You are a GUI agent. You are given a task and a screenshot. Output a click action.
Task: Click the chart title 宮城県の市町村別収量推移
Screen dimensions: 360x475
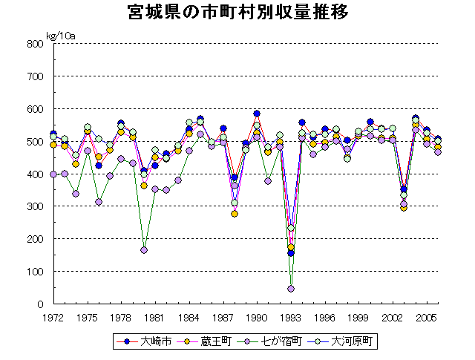238,13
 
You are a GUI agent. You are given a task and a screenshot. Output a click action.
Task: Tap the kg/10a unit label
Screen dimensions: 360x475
62,35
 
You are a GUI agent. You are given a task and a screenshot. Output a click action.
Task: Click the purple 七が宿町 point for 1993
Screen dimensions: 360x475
291,289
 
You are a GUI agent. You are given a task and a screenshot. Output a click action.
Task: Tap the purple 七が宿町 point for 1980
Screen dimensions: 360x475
144,250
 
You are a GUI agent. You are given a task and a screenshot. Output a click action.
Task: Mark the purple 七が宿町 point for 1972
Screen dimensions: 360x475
53,174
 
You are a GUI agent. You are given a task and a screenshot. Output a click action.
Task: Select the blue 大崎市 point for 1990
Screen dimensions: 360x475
257,114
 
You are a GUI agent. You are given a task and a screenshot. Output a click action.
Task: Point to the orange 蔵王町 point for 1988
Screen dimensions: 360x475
235,214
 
